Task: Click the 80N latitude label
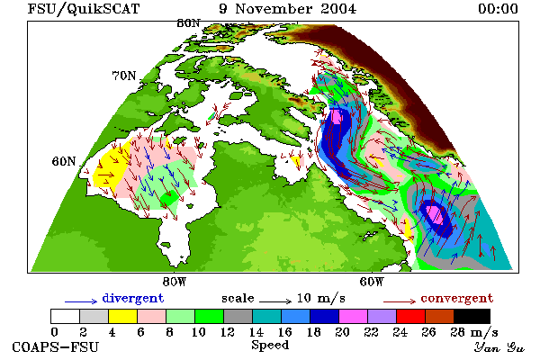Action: point(188,23)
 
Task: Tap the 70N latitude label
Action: point(124,76)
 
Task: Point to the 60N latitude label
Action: point(64,161)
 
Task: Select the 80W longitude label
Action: point(175,282)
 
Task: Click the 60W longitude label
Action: point(372,282)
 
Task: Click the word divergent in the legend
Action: point(133,298)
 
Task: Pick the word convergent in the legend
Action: point(456,298)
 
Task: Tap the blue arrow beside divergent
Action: point(81,301)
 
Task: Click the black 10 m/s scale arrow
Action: point(275,301)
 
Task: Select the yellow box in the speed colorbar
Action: point(123,316)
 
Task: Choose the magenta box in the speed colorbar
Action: point(354,316)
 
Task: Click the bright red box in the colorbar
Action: point(411,316)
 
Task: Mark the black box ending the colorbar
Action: point(472,316)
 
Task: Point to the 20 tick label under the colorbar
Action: point(342,332)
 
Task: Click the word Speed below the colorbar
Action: point(270,346)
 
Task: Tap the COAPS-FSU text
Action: point(56,346)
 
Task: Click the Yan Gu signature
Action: point(499,347)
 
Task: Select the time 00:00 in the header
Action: point(498,9)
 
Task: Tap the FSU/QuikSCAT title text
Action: point(84,9)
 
